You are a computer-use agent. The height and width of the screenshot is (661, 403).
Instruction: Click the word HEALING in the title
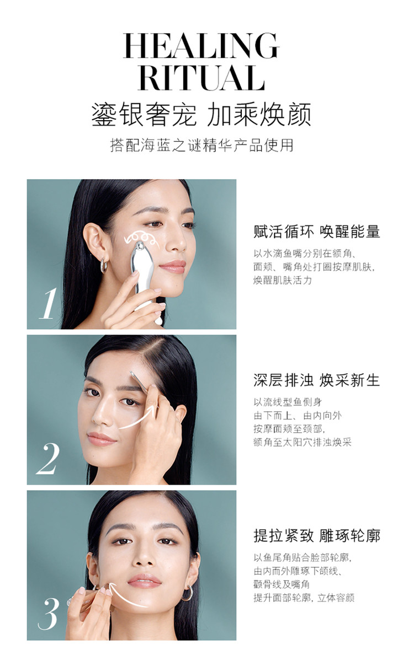201,46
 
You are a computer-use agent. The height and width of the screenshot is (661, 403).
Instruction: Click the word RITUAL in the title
201,78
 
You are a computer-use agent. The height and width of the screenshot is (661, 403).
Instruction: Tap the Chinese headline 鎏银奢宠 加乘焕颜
201,115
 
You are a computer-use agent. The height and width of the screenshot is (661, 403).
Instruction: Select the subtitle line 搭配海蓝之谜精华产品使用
201,146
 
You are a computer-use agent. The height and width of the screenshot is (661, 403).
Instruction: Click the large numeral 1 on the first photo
47,304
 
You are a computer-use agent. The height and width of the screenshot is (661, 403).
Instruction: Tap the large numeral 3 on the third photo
47,614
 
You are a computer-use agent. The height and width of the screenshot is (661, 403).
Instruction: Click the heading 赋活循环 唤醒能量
316,232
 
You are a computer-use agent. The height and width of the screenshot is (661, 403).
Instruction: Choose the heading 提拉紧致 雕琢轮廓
316,536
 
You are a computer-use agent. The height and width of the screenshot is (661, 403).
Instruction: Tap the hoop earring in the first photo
104,266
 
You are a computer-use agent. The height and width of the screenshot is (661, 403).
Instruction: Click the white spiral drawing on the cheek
141,239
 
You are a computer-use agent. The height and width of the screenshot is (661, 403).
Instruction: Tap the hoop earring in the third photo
187,593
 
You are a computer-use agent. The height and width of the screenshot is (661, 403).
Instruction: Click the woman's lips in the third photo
144,581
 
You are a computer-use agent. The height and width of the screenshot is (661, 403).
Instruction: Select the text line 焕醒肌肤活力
282,281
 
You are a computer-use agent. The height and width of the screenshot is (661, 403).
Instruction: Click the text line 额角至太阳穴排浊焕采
302,442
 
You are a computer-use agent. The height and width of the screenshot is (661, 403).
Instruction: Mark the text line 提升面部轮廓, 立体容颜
304,598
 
